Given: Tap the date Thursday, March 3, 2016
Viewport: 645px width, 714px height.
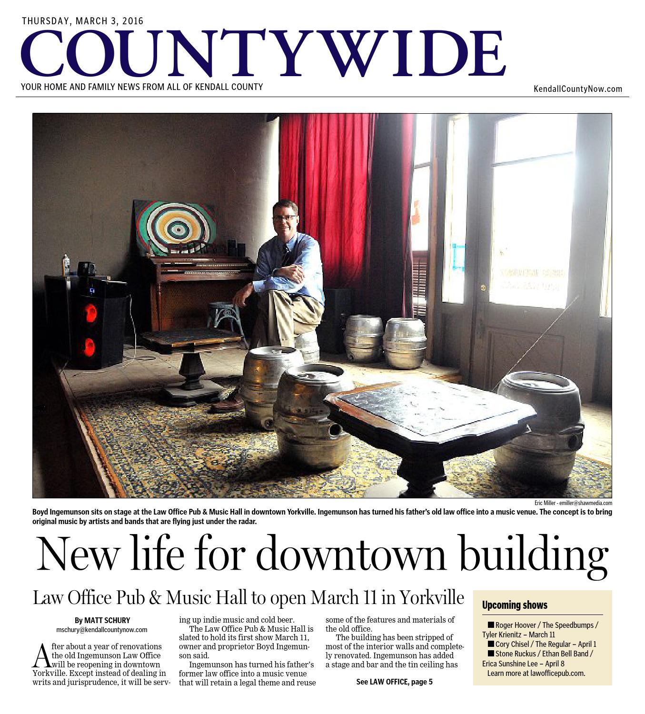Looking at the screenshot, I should tap(82, 21).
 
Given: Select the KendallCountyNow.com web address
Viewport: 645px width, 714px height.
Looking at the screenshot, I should tap(577, 89).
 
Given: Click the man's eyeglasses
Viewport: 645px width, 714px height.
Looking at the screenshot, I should tap(285, 218).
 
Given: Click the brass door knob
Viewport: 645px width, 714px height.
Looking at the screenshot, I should tap(483, 288).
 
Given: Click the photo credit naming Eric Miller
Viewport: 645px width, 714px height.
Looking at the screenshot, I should tap(573, 503).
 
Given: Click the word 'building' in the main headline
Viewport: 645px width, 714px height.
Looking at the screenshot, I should tap(533, 555).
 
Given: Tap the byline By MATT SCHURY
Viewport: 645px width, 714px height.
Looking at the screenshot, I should tap(102, 620).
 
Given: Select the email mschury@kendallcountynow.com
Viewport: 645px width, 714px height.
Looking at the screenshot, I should tap(102, 629).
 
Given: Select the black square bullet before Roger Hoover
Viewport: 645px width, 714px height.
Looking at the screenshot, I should tap(490, 625).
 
